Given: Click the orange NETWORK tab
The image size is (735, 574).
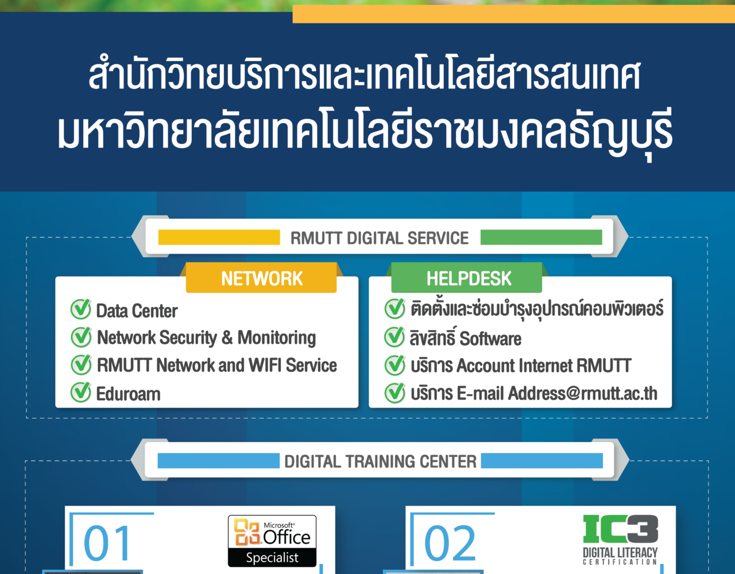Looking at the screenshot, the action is [x=261, y=278].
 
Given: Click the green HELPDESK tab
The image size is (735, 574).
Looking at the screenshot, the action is [x=466, y=278].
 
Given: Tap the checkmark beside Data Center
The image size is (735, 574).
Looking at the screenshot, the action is [x=81, y=309].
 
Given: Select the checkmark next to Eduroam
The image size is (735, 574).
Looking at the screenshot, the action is [x=81, y=392].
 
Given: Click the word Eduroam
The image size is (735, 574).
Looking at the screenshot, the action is [x=128, y=394].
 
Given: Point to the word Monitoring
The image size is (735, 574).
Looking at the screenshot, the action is [x=277, y=338].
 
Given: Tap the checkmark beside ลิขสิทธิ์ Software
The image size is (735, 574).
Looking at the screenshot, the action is [x=394, y=337].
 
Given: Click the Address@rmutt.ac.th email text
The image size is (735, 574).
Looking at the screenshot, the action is [x=582, y=393].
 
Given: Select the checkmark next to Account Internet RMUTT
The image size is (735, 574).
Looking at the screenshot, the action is [x=394, y=365].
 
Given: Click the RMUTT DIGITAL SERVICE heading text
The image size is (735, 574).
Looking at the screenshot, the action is [x=380, y=238].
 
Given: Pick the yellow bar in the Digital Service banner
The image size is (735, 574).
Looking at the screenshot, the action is [x=219, y=237].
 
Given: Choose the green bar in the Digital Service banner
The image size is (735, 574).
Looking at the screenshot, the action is [x=541, y=237].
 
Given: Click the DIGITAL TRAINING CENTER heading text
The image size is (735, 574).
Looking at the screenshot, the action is [x=380, y=461].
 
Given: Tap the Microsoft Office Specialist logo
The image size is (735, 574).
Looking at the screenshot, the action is [x=272, y=541].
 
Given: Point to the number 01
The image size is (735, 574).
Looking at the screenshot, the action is [x=107, y=543].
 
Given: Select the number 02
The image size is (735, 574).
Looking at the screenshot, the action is [x=450, y=543].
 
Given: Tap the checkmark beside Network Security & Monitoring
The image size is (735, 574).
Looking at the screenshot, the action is [x=81, y=337].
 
